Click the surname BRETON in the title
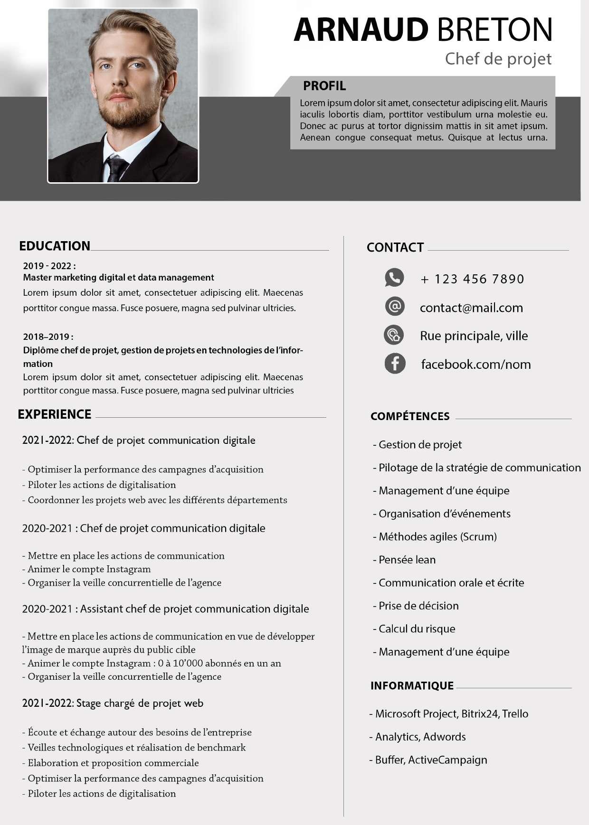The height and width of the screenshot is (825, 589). [494, 29]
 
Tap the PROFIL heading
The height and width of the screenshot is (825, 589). [324, 86]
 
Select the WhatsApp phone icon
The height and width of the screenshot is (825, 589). [394, 278]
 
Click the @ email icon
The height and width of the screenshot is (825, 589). [394, 307]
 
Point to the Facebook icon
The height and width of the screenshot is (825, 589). [395, 364]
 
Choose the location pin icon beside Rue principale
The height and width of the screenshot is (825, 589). [394, 335]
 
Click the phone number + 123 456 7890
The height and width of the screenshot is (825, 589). [472, 279]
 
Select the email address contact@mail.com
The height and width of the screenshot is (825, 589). [471, 308]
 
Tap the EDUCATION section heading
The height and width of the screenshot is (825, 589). [55, 246]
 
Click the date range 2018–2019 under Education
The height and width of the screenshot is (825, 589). [47, 337]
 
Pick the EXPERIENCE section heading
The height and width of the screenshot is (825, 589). [55, 414]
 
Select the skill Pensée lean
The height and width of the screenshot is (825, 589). [407, 560]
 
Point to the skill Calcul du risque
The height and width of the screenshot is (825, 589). [417, 629]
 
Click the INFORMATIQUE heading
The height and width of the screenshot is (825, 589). [412, 685]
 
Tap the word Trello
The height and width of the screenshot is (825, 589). [515, 714]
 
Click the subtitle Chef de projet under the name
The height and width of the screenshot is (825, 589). [498, 59]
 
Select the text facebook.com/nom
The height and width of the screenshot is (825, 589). [475, 364]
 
